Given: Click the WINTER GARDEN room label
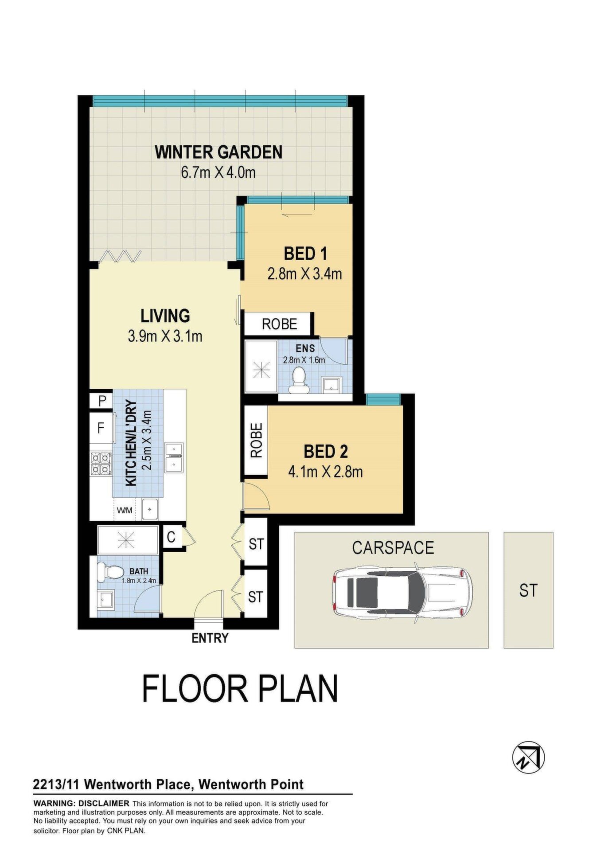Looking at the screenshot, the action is pos(219,152).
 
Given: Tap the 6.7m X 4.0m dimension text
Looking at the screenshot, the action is pos(218,172).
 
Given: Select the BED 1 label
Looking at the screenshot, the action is pos(305,254).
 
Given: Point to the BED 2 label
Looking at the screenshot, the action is pos(326,452).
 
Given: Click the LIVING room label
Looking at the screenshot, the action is pos(165,316).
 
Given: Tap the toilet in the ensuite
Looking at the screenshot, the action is pos(298,381).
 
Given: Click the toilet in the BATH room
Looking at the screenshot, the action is pos(110,572).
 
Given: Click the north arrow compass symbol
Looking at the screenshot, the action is pos(528,757).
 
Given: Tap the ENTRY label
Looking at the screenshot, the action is pos(210,638).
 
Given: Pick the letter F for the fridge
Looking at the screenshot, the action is pos(101,428).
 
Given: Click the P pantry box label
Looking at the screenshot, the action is pos(102,401).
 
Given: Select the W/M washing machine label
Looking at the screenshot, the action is pos(125,510).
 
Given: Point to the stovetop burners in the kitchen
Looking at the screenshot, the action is pos(101,463).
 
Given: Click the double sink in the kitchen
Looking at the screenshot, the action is pos(174,457).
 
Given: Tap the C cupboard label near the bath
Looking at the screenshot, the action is pos(171,537).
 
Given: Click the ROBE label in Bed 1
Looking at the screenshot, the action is pos(279,324).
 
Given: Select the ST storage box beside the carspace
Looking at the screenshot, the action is pos(528,590).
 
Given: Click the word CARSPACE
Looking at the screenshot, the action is pos(393,548).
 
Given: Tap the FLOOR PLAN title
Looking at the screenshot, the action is pos(240,688).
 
